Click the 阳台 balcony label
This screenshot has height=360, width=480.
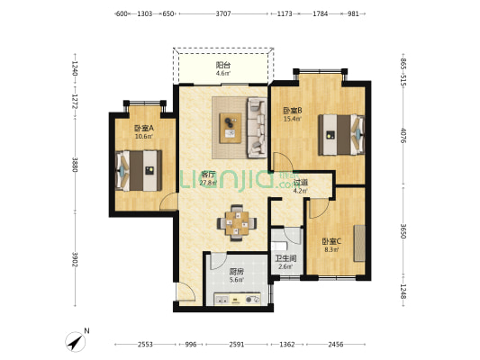pyautogui.click(x=223, y=65)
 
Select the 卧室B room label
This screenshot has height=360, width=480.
pyautogui.click(x=293, y=110)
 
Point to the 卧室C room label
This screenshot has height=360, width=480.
pyautogui.click(x=331, y=241)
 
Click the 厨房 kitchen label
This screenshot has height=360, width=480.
pyautogui.click(x=237, y=271)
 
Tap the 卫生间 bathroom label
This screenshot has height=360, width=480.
pyautogui.click(x=285, y=258)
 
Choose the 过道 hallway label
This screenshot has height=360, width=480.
pyautogui.click(x=301, y=183)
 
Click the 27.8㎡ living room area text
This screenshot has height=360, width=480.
pyautogui.click(x=208, y=184)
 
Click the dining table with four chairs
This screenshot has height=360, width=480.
pyautogui.click(x=237, y=223)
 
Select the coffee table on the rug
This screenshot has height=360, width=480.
pyautogui.click(x=231, y=128)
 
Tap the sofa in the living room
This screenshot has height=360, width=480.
pyautogui.click(x=257, y=128)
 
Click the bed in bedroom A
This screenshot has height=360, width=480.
pyautogui.click(x=139, y=171)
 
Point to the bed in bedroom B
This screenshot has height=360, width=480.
pyautogui.click(x=341, y=135)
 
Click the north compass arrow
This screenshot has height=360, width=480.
pyautogui.click(x=76, y=342)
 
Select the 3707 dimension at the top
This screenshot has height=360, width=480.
pyautogui.click(x=223, y=13)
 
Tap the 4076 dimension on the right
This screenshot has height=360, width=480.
pyautogui.click(x=403, y=136)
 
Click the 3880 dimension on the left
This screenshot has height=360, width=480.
pyautogui.click(x=75, y=165)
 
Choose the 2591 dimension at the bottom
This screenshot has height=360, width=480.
pyautogui.click(x=237, y=345)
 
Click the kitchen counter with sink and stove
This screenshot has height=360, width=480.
pyautogui.click(x=237, y=299)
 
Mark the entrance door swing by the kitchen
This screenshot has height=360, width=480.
pyautogui.click(x=186, y=292)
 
